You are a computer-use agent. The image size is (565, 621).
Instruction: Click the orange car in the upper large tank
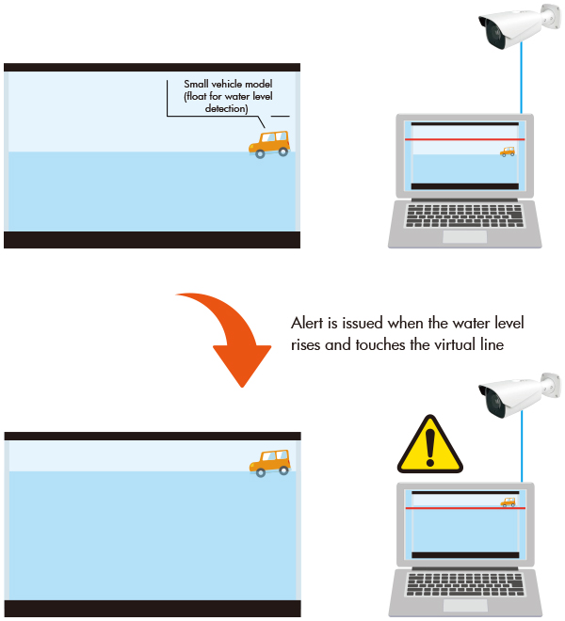[x=269, y=145]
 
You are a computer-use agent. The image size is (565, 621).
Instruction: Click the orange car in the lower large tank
[x=270, y=463]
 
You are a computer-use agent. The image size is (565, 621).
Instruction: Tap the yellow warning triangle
[x=430, y=446]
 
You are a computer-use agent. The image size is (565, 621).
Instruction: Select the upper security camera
[x=520, y=25]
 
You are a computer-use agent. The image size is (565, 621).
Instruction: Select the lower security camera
[x=520, y=394]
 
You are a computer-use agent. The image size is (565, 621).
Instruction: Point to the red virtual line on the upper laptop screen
[x=464, y=139]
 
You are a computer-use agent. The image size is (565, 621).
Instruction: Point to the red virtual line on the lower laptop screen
[x=465, y=508]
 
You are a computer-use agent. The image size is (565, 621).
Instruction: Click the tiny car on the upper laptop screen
[x=508, y=151]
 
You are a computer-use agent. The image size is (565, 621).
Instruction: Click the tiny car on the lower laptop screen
[x=508, y=502]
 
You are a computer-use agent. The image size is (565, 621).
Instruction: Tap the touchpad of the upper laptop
[x=464, y=236]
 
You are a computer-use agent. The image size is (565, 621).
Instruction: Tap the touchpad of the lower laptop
[x=465, y=605]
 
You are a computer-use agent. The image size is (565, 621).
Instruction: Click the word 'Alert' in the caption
[x=307, y=323]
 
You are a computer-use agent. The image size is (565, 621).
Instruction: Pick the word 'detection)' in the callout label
[x=226, y=108]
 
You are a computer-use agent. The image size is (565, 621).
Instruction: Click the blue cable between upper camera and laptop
[x=522, y=77]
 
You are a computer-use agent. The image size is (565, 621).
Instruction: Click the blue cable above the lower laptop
[x=522, y=447]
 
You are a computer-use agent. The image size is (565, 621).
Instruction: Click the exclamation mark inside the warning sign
[x=430, y=448]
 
